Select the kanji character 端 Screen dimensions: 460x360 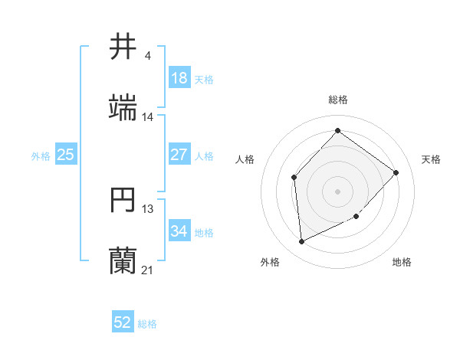click(x=123, y=109)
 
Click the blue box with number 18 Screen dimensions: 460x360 click(x=179, y=78)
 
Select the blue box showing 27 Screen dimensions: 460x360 click(x=179, y=155)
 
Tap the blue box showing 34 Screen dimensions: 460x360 click(x=179, y=231)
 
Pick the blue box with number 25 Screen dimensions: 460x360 click(x=65, y=155)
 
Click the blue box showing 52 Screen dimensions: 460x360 click(x=123, y=322)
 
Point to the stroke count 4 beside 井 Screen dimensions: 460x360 click(x=147, y=56)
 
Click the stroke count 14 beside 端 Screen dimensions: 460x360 click(x=148, y=117)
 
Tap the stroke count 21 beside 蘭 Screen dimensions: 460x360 click(x=148, y=270)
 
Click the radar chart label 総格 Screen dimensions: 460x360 click(x=338, y=100)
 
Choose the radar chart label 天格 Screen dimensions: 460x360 click(x=432, y=159)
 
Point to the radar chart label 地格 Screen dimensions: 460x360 click(x=402, y=263)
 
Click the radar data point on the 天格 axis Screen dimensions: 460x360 click(x=396, y=172)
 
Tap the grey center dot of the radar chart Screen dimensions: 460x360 click(x=337, y=191)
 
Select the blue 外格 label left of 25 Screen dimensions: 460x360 click(x=41, y=155)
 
